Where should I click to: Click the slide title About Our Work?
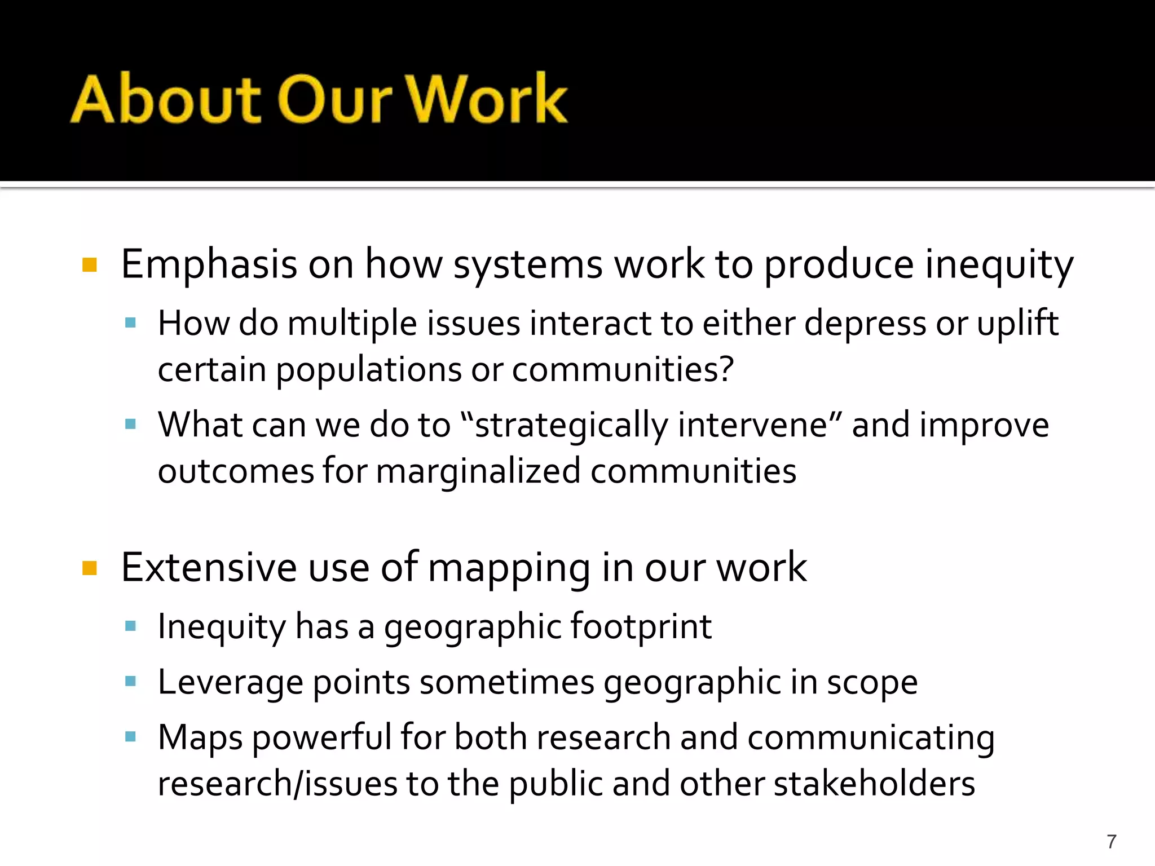(x=319, y=99)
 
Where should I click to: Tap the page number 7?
(x=1112, y=841)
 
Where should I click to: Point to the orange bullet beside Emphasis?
(x=90, y=264)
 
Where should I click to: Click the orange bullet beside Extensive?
(x=90, y=567)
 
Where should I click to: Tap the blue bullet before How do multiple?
(x=131, y=323)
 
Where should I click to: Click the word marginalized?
(x=478, y=471)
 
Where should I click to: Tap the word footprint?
(x=641, y=626)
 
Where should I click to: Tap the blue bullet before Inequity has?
(x=131, y=626)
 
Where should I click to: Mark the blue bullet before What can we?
(x=131, y=424)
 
